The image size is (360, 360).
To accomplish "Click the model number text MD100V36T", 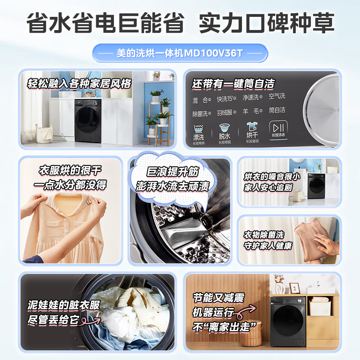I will (213, 53).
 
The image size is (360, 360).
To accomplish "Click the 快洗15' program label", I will (226, 98).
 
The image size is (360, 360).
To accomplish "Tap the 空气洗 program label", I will (277, 96).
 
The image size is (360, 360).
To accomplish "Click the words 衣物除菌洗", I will (264, 235).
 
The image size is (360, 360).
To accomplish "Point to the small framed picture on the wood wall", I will (293, 288).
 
